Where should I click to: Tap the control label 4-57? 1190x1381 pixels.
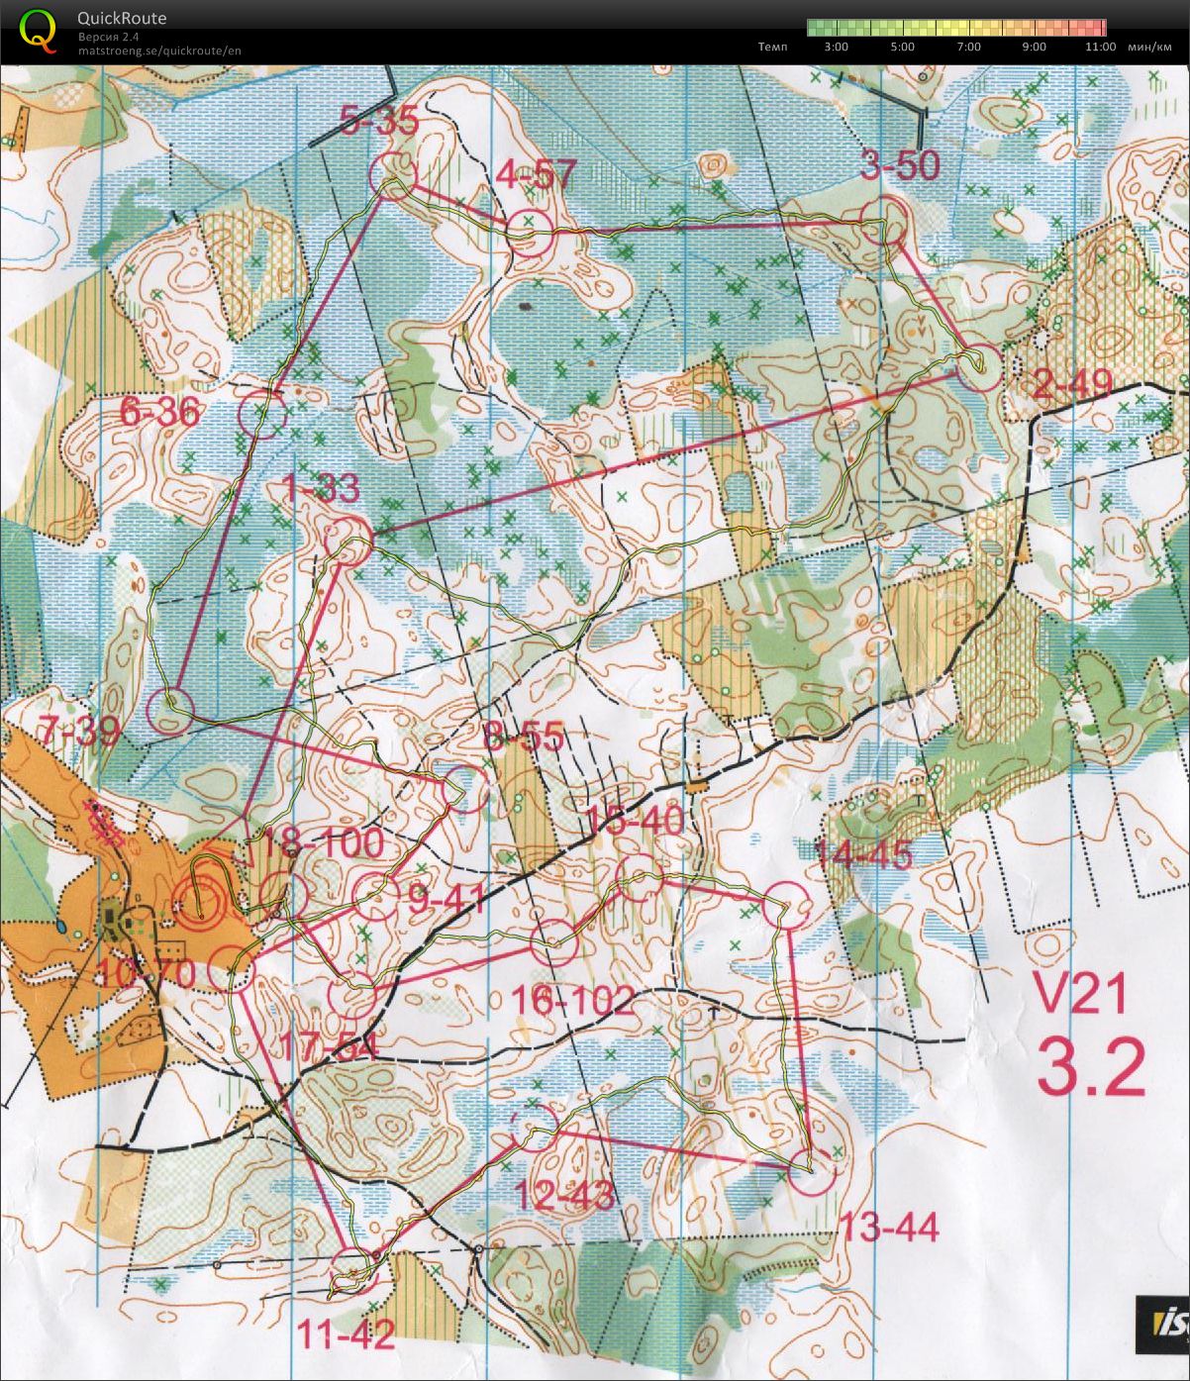(536, 175)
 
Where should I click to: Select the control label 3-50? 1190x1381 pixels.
(899, 166)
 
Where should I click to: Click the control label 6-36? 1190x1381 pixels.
(160, 411)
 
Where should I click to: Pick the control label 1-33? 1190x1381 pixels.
(322, 489)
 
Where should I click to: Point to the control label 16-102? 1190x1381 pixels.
(574, 1001)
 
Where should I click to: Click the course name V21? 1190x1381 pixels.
(1080, 993)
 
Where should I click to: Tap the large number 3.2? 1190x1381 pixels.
(1090, 1065)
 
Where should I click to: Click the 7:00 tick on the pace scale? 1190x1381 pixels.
(969, 47)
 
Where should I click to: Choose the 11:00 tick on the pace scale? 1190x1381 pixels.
(1100, 47)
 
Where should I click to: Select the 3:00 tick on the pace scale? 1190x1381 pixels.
(836, 47)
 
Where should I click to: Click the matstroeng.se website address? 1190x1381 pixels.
(159, 50)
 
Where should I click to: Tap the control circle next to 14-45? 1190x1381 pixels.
(788, 904)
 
